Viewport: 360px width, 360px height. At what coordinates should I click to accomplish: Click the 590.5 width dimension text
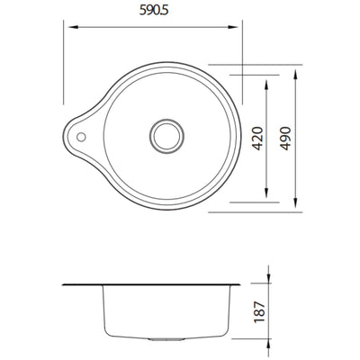coord(153,13)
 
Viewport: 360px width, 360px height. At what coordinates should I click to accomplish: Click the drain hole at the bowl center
coord(166,137)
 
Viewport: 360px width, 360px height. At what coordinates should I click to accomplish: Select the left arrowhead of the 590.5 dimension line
coord(66,27)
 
